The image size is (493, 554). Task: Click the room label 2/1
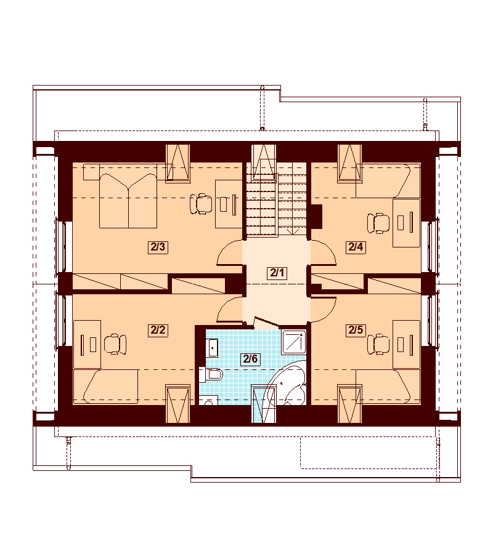277,273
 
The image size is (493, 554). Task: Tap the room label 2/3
158,247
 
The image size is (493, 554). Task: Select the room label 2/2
158,330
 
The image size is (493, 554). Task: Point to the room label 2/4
356,247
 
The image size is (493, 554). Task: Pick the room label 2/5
356,330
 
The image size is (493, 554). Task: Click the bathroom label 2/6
250,359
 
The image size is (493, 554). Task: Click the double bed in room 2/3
128,200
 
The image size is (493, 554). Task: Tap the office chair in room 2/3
200,204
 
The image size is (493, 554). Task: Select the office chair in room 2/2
115,344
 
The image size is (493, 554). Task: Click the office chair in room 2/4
378,223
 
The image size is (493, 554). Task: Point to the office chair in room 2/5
378,344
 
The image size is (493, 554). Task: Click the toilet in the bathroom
211,374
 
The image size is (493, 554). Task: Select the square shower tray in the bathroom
293,342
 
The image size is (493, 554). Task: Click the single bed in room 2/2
105,387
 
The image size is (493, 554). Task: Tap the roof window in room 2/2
178,403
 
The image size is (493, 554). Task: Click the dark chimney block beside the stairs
316,217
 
